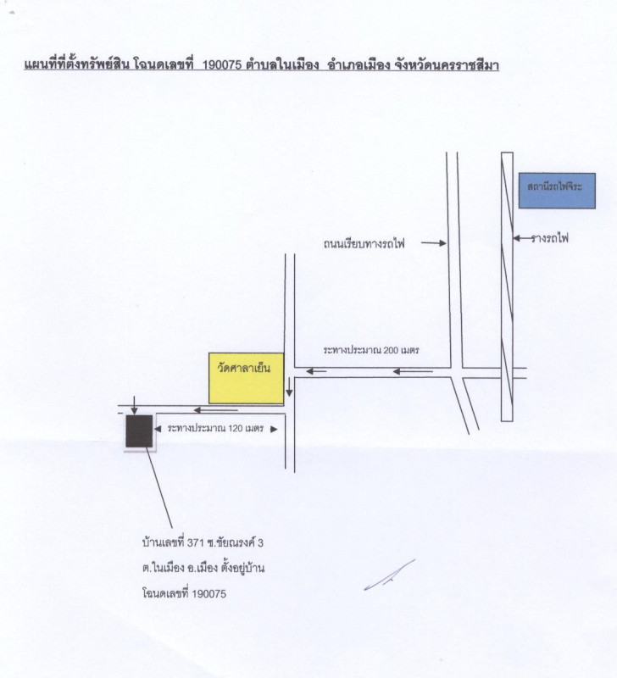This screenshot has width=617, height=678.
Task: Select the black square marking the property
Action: click(x=139, y=431)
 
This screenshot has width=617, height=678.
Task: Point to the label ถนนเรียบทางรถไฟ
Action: click(x=364, y=243)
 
